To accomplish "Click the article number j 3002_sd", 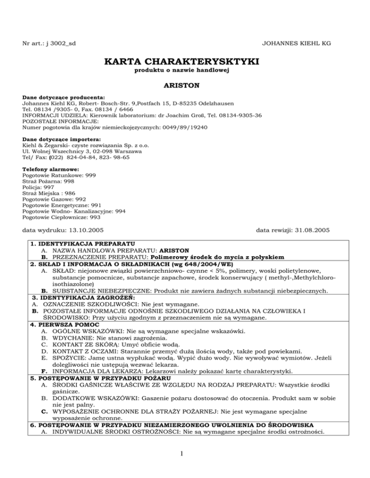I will click(61, 44).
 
